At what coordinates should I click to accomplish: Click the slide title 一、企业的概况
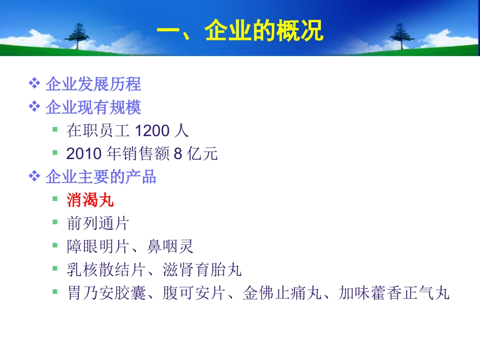239,31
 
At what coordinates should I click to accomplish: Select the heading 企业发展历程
93,84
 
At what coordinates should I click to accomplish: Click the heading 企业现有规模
93,107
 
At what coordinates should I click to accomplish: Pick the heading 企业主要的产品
101,177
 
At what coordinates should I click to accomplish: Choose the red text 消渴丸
90,200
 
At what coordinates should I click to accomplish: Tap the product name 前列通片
98,223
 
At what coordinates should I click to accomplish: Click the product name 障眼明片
98,246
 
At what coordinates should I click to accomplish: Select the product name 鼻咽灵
170,246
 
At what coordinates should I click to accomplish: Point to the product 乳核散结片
106,270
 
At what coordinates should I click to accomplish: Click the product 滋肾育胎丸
202,270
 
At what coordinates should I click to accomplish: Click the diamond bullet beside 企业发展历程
34,83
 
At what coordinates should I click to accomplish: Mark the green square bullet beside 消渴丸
55,199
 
